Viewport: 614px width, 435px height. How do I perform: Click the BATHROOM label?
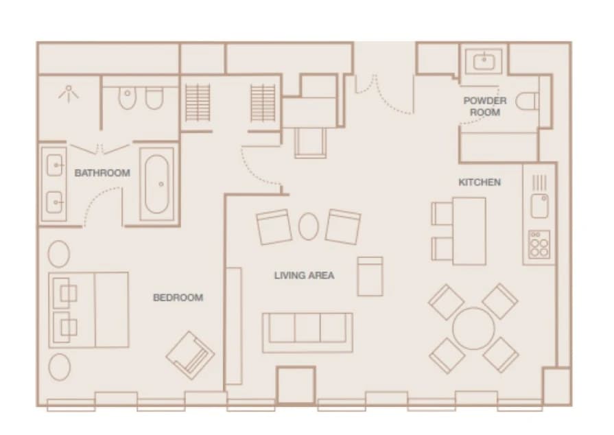(x=102, y=173)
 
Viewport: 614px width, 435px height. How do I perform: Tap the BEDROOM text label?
(x=178, y=298)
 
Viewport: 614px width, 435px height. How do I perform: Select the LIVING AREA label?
(x=305, y=275)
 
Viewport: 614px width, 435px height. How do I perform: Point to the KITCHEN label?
(x=480, y=182)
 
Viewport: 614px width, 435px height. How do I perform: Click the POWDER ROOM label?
(x=485, y=106)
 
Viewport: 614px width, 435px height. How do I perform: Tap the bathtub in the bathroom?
(x=157, y=184)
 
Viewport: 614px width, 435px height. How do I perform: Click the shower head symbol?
(x=69, y=93)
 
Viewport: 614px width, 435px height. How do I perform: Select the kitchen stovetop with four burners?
(x=539, y=244)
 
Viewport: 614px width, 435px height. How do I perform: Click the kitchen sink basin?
(x=540, y=206)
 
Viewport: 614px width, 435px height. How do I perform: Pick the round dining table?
(x=473, y=328)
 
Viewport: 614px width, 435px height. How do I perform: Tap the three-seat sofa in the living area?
(x=307, y=332)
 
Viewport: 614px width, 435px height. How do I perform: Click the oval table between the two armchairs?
(x=309, y=226)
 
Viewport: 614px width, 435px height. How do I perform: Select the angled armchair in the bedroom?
(x=190, y=355)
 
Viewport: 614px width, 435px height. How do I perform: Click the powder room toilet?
(x=527, y=102)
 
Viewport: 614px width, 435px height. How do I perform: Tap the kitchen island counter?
(x=469, y=231)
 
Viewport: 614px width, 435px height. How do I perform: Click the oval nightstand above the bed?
(x=59, y=254)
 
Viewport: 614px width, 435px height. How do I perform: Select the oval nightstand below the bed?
(x=60, y=367)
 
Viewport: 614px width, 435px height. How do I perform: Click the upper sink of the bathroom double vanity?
(x=54, y=165)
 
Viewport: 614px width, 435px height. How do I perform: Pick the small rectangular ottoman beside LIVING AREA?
(x=370, y=277)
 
